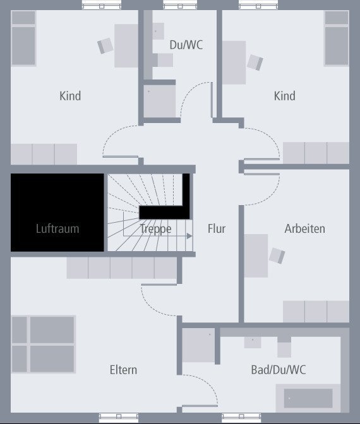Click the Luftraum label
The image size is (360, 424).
tap(57, 228)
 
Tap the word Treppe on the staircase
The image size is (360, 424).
tap(155, 228)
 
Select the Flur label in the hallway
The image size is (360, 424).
tap(217, 228)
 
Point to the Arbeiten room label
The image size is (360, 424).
tap(304, 228)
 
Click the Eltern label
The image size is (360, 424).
tap(123, 370)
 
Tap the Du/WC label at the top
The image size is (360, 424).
tap(186, 45)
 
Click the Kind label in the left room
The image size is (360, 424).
tap(70, 96)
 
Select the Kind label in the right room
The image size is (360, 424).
tap(284, 96)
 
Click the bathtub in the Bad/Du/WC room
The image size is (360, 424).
tap(308, 398)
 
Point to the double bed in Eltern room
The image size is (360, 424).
tap(43, 344)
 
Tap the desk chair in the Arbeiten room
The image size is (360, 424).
tap(277, 256)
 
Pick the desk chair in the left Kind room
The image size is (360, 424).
tap(105, 45)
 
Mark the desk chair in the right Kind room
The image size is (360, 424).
tap(255, 62)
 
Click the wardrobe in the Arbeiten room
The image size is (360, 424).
tap(315, 312)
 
